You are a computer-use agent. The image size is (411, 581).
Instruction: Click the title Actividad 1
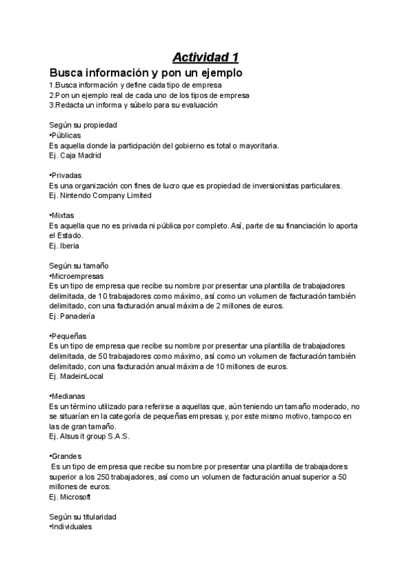coord(205,56)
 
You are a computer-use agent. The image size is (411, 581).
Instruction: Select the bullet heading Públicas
coord(65,136)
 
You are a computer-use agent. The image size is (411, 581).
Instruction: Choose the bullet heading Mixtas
coord(62,215)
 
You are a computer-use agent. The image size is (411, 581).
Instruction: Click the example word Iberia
coord(70,245)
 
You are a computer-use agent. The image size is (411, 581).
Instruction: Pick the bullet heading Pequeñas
coord(66,336)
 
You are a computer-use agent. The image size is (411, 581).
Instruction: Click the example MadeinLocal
coord(82,376)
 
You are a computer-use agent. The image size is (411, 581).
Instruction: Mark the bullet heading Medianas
coord(67,396)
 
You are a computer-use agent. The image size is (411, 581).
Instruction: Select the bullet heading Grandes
coord(66,456)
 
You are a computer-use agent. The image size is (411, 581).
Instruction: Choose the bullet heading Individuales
coord(71,527)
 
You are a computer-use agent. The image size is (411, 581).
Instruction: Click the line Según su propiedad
coord(82,125)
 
